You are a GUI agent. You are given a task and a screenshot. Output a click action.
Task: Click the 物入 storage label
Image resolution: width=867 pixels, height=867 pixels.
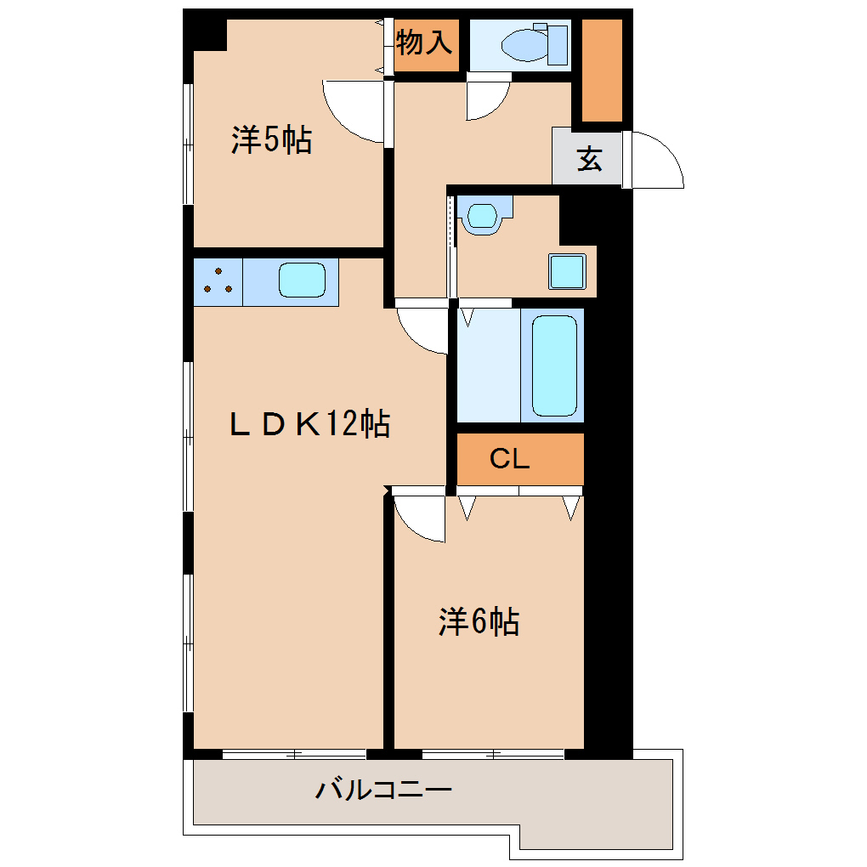[424, 42]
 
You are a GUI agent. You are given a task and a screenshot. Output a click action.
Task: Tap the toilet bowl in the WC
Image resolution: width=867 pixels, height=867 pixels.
[524, 45]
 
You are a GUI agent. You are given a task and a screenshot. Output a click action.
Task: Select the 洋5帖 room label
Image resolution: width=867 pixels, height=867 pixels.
[271, 140]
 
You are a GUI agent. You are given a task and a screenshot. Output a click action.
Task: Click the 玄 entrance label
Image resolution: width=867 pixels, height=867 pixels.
[589, 159]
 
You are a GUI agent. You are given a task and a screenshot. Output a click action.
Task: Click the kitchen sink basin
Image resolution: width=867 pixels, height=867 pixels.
[302, 280]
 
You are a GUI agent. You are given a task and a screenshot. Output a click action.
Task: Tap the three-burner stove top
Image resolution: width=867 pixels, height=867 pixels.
[218, 282]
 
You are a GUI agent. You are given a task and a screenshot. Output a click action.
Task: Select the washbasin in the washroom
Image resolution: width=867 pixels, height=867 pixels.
[482, 216]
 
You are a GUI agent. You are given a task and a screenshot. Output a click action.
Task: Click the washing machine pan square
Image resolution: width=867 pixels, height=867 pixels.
[567, 271]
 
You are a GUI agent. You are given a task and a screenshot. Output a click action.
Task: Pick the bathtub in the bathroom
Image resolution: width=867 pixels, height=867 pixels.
[554, 366]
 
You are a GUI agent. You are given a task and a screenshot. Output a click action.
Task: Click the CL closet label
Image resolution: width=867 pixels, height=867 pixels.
[510, 458]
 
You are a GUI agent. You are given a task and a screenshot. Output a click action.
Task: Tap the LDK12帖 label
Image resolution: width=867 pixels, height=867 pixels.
[309, 424]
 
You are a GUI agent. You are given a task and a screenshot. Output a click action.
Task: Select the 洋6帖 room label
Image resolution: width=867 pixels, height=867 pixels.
[479, 621]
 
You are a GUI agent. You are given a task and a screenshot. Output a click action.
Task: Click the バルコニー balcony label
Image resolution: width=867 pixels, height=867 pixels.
[383, 789]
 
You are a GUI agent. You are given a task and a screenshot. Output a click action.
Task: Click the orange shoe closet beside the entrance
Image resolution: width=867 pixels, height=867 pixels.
[602, 71]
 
